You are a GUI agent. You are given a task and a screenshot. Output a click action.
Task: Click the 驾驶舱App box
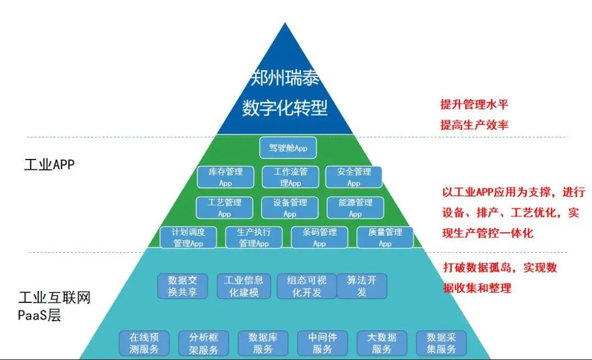coord(288,148)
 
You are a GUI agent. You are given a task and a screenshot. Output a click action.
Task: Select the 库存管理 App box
coord(225,176)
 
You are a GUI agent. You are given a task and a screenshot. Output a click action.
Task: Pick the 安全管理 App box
coord(354,176)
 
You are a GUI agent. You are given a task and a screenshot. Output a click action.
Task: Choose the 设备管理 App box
coord(289,207)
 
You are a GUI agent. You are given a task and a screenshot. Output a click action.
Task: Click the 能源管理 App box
coord(355,207)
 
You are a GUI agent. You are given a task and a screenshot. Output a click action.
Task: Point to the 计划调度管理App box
coord(189,237)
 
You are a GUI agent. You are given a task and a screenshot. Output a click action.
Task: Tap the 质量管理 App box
coord(384,237)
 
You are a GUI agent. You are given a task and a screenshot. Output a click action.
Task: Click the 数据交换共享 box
coord(183,286)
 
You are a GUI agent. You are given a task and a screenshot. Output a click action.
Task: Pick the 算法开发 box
coord(361,286)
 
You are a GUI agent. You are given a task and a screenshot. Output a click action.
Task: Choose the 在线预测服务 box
coord(144,343)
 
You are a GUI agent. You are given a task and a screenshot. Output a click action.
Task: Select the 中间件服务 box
coord(322,343)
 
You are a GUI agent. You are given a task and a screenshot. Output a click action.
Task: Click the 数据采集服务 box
coord(441,343)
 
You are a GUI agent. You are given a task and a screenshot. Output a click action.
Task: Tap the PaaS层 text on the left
coord(40,316)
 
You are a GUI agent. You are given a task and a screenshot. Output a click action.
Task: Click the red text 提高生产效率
coord(474,125)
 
